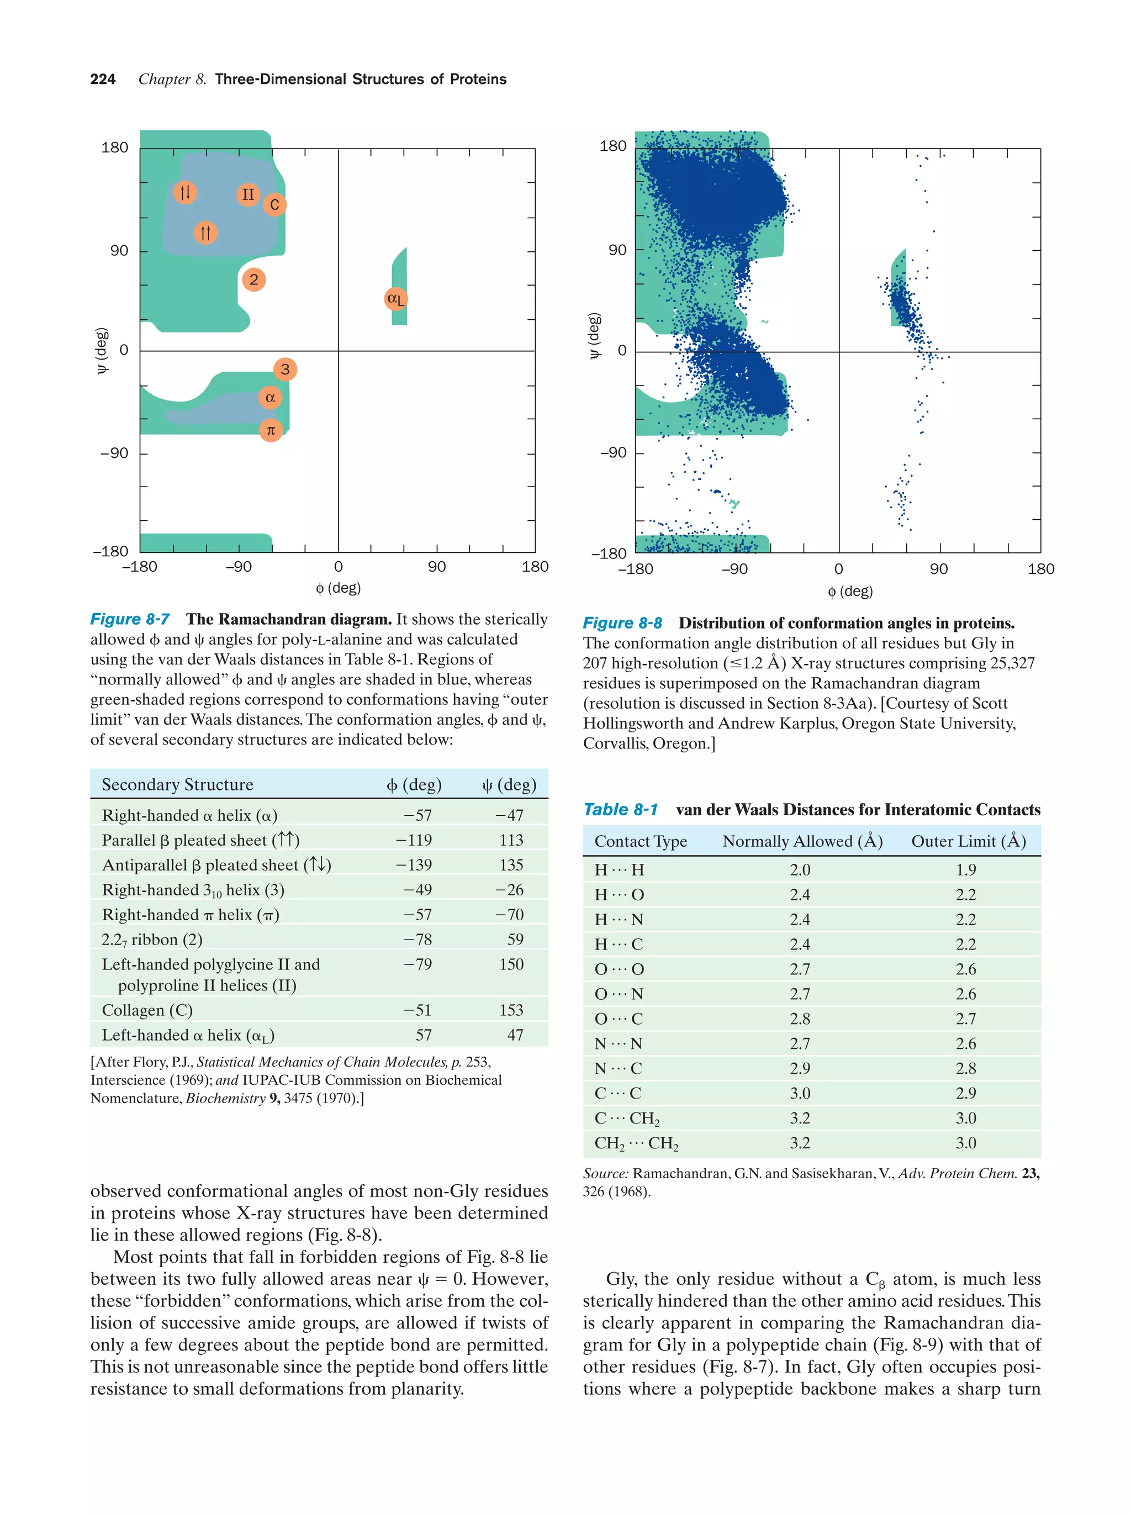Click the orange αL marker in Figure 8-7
[x=395, y=298]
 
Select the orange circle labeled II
[x=248, y=195]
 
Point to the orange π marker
[x=271, y=430]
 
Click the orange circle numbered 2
[x=254, y=279]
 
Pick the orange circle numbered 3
[x=286, y=370]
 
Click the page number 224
[x=103, y=80]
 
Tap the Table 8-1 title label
[x=620, y=810]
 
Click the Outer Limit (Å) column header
[x=968, y=841]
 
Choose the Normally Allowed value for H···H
[x=800, y=870]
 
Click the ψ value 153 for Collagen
[x=511, y=1010]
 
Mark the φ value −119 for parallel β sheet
[x=414, y=840]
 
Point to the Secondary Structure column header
[x=177, y=784]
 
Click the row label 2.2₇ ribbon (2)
[x=152, y=940]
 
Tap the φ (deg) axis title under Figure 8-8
[x=850, y=592]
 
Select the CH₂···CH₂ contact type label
[x=636, y=1143]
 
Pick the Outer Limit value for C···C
[x=965, y=1093]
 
